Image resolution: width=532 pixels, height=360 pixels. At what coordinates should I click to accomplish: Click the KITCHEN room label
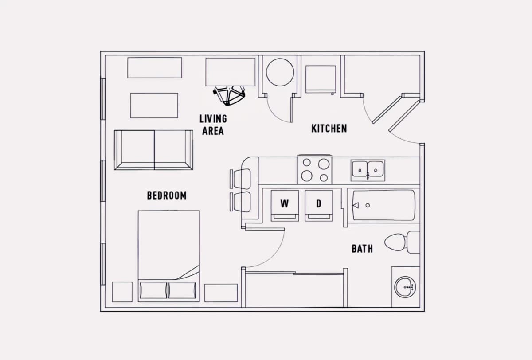(329, 129)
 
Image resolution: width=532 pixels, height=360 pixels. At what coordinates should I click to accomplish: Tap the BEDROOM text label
(167, 196)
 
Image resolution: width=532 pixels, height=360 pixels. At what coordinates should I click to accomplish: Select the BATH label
(362, 249)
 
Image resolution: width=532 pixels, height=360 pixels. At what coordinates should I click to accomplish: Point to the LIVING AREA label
(213, 125)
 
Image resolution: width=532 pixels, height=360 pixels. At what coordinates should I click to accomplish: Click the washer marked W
(285, 206)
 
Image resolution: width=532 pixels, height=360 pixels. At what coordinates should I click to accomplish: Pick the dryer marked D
(319, 206)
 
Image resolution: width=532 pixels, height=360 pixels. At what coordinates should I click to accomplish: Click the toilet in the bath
(402, 242)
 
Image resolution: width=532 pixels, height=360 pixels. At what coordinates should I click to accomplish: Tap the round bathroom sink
(405, 286)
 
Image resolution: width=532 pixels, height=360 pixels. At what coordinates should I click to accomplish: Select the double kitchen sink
(368, 170)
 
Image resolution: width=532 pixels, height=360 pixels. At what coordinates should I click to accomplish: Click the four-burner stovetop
(315, 169)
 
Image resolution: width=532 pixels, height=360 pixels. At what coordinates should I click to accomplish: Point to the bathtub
(383, 206)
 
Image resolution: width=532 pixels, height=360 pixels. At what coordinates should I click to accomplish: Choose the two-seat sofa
(153, 150)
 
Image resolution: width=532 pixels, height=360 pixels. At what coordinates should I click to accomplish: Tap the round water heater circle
(280, 72)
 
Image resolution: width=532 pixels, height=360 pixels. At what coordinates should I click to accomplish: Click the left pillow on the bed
(153, 290)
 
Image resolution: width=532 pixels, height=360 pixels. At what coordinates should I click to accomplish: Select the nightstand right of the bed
(221, 293)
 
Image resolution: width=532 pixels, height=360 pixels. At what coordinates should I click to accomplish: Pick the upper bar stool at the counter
(240, 179)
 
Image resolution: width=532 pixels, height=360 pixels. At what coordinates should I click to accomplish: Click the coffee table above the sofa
(154, 106)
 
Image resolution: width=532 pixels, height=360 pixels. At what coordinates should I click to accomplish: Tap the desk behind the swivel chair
(231, 72)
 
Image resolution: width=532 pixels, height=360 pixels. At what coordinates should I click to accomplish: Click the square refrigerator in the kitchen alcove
(321, 79)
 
